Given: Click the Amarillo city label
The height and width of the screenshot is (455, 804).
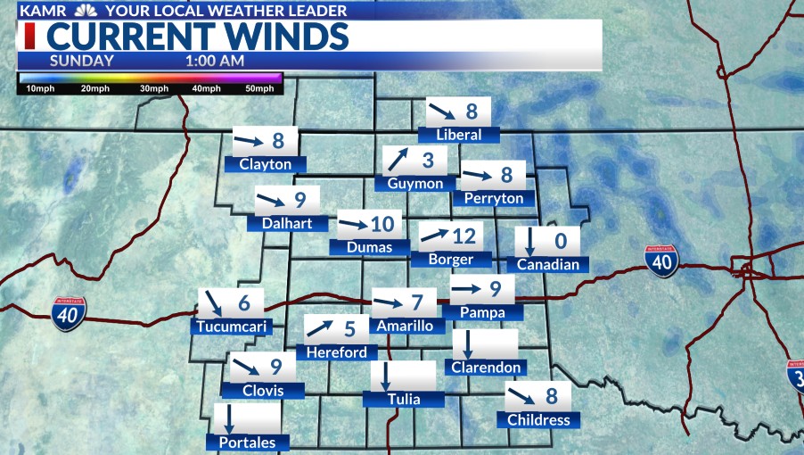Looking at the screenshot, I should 405,326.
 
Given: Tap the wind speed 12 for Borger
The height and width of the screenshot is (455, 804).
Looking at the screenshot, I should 464,236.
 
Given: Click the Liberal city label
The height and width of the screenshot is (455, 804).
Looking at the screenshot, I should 459,135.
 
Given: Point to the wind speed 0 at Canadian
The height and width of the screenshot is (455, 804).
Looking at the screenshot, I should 561,241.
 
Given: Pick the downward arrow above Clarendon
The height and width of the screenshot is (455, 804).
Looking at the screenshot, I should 467,343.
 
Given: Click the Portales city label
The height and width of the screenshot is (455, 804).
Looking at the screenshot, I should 248,443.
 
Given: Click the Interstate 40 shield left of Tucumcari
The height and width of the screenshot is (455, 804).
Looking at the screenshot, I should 69,313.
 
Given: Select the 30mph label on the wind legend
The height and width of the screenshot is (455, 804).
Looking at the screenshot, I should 154,89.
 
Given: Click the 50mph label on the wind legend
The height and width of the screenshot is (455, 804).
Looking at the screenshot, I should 259,89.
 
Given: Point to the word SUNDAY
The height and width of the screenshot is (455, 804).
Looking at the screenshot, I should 82,61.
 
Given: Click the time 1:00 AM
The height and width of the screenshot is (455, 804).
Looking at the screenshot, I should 215,61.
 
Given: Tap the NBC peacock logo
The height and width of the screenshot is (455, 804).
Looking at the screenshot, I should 86,12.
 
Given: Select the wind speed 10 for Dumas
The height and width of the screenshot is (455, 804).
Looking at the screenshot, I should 381,224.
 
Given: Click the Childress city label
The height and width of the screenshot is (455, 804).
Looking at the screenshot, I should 537,419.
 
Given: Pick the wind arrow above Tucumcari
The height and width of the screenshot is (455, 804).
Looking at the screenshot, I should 214,302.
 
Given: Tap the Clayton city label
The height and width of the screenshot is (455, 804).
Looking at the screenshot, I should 266,164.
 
